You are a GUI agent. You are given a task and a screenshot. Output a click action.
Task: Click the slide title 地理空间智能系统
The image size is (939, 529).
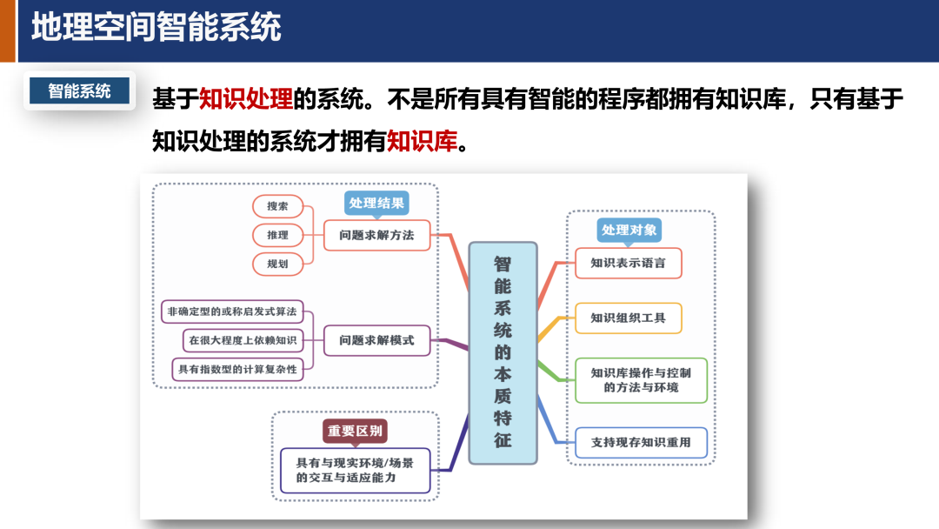tap(156, 28)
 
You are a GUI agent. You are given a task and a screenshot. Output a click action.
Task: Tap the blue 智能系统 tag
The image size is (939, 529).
tap(79, 90)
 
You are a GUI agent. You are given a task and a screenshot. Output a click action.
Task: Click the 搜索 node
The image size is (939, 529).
tap(278, 206)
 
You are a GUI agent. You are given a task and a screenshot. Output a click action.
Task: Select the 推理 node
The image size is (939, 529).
tap(278, 235)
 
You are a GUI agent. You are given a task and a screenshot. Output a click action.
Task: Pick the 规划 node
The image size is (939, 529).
tap(278, 263)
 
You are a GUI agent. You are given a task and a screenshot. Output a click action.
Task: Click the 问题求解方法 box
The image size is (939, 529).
tap(377, 235)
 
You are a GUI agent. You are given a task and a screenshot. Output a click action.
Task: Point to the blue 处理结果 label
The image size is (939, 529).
tap(376, 204)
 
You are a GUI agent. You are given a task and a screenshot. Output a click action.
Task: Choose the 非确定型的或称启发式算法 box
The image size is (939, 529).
tap(237, 311)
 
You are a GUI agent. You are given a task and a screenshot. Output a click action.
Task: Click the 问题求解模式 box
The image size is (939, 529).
tap(377, 340)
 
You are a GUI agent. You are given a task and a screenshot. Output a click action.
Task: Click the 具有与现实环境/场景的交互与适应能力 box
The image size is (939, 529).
tap(356, 470)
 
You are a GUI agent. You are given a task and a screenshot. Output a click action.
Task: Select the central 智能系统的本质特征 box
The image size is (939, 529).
tap(503, 352)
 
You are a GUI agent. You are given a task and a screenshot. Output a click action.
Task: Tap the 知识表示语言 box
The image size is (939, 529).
tap(628, 263)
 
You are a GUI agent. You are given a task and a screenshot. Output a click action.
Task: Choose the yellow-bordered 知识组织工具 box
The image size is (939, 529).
tap(628, 318)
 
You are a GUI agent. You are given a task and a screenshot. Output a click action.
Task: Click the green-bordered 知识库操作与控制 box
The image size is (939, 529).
tap(641, 379)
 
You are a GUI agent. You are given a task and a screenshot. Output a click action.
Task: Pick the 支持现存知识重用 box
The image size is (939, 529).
tap(641, 442)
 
